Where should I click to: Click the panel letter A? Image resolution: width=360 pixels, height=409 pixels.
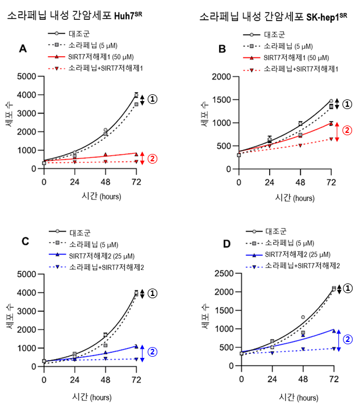pos(23,49)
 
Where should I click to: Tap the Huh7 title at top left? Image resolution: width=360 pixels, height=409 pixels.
pos(74,16)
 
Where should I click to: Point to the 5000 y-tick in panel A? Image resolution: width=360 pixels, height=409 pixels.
pos(26,76)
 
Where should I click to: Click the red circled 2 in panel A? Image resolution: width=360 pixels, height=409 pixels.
pos(152,158)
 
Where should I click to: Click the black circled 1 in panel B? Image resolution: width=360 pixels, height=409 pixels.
pos(348,104)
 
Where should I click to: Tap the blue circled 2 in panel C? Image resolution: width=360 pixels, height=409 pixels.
pos(152,352)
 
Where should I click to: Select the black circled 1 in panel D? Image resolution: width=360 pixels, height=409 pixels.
pos(349,289)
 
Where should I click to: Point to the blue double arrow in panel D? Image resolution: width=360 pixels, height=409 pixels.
pos(339,339)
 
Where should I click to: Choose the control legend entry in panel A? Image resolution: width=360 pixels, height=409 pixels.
pos(77,34)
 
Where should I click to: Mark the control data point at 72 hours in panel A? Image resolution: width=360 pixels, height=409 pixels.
pos(136,95)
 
